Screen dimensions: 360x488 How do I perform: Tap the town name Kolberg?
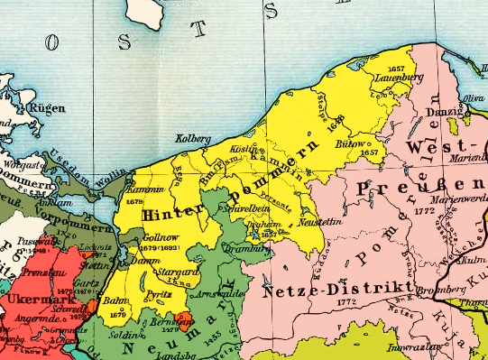[x=190, y=138]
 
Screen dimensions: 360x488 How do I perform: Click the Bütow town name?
[x=352, y=144]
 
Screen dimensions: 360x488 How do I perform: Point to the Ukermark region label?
[x=30, y=298]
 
